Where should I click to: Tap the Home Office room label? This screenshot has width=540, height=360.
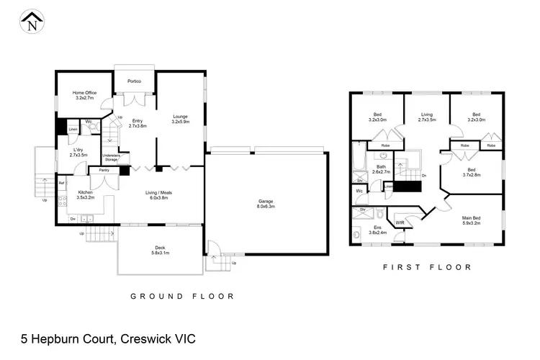84,95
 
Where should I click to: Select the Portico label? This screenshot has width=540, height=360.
135,81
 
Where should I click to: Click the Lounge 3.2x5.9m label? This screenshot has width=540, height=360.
180,120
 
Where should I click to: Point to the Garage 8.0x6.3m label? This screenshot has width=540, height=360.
266,203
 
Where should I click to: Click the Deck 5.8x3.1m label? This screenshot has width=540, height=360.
159,250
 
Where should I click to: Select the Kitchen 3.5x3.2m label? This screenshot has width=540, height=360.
86,195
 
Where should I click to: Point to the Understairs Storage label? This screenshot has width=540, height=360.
112,157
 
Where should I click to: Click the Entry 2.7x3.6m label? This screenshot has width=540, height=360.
137,123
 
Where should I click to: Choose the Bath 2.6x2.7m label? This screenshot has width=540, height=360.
382,169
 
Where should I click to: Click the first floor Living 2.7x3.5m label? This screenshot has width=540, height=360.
426,117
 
